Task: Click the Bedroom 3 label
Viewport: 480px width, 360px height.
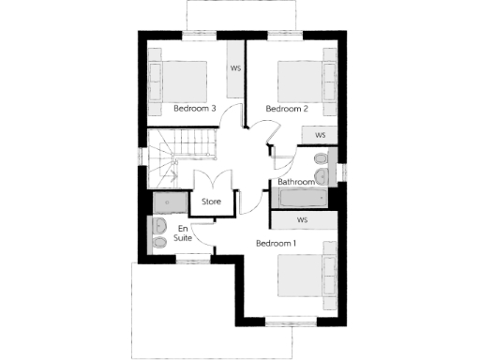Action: pyautogui.click(x=196, y=109)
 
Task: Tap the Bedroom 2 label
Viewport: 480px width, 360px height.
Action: pyautogui.click(x=287, y=109)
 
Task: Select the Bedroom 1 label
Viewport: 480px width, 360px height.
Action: pyautogui.click(x=277, y=244)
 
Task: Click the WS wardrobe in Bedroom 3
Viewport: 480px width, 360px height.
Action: pyautogui.click(x=236, y=67)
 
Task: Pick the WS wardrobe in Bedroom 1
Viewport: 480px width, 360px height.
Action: pyautogui.click(x=303, y=219)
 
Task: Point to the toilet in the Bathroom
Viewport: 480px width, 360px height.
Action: pyautogui.click(x=322, y=175)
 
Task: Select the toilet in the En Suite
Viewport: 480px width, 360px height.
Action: pyautogui.click(x=158, y=245)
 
